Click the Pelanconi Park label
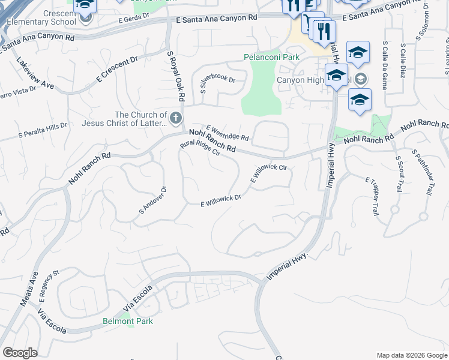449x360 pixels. (271, 57)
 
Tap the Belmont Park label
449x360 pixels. (127, 321)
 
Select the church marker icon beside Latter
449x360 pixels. (176, 118)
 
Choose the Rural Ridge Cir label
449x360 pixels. (200, 148)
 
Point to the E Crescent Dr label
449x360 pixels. (118, 70)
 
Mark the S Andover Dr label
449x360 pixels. (152, 200)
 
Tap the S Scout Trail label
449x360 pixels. (399, 174)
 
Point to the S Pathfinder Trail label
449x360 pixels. (423, 173)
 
